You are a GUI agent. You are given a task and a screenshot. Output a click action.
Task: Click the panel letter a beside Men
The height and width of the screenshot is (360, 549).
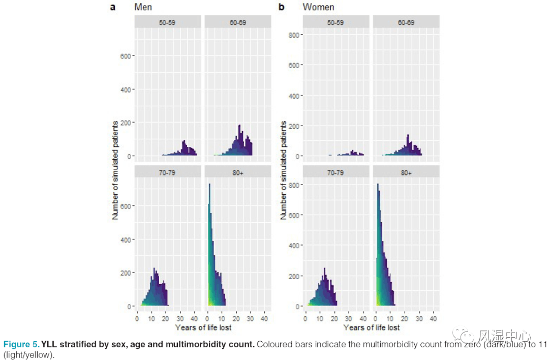113,7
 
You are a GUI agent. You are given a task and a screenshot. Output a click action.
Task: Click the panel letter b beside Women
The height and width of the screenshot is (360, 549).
281,7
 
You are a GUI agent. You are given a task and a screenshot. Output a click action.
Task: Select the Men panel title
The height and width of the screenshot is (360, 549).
143,7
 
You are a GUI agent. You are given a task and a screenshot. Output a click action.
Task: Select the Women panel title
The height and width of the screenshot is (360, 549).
318,7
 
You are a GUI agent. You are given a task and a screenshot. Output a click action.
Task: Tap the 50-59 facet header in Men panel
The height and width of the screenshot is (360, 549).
168,22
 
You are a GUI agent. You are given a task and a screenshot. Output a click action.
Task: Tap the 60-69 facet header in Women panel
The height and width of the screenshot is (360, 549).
406,22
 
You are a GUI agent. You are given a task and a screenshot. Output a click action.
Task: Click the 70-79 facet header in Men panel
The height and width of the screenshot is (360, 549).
168,173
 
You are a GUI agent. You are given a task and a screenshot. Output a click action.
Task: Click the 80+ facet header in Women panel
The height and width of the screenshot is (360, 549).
406,173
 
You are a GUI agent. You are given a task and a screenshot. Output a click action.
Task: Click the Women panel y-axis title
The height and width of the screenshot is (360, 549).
284,170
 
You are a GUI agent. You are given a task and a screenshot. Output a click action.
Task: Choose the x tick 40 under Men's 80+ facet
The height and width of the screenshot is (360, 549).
265,318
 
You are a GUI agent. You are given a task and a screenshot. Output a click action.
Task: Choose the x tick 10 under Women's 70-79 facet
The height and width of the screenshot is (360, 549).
319,318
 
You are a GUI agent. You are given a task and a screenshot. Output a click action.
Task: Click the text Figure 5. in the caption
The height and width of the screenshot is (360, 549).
21,344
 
